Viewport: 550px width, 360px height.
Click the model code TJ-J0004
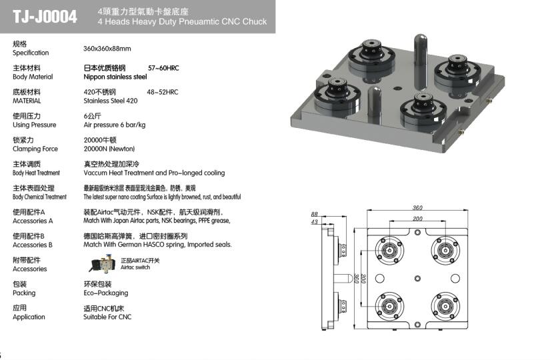[45, 17]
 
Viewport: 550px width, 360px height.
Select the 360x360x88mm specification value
[107, 49]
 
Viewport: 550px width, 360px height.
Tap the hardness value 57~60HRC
[163, 68]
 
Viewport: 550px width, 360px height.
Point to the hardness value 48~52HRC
[163, 92]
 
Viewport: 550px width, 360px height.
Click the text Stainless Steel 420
[111, 101]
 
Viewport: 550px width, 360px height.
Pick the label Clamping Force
[35, 149]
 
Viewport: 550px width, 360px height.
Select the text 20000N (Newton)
[109, 149]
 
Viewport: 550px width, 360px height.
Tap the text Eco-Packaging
[106, 293]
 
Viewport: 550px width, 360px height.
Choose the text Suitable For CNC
[107, 317]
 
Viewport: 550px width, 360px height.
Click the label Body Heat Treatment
[36, 173]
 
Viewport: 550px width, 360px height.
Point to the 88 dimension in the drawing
[314, 214]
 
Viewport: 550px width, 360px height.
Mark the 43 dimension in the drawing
[314, 222]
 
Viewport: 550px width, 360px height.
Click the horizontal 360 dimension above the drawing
[417, 208]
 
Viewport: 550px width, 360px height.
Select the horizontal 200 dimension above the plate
[417, 219]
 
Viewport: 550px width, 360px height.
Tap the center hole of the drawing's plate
[417, 279]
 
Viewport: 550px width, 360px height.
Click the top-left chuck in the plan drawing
[389, 251]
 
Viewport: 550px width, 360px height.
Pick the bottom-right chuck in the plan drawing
[445, 306]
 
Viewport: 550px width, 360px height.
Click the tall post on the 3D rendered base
[420, 61]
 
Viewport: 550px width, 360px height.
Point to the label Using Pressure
[35, 125]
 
